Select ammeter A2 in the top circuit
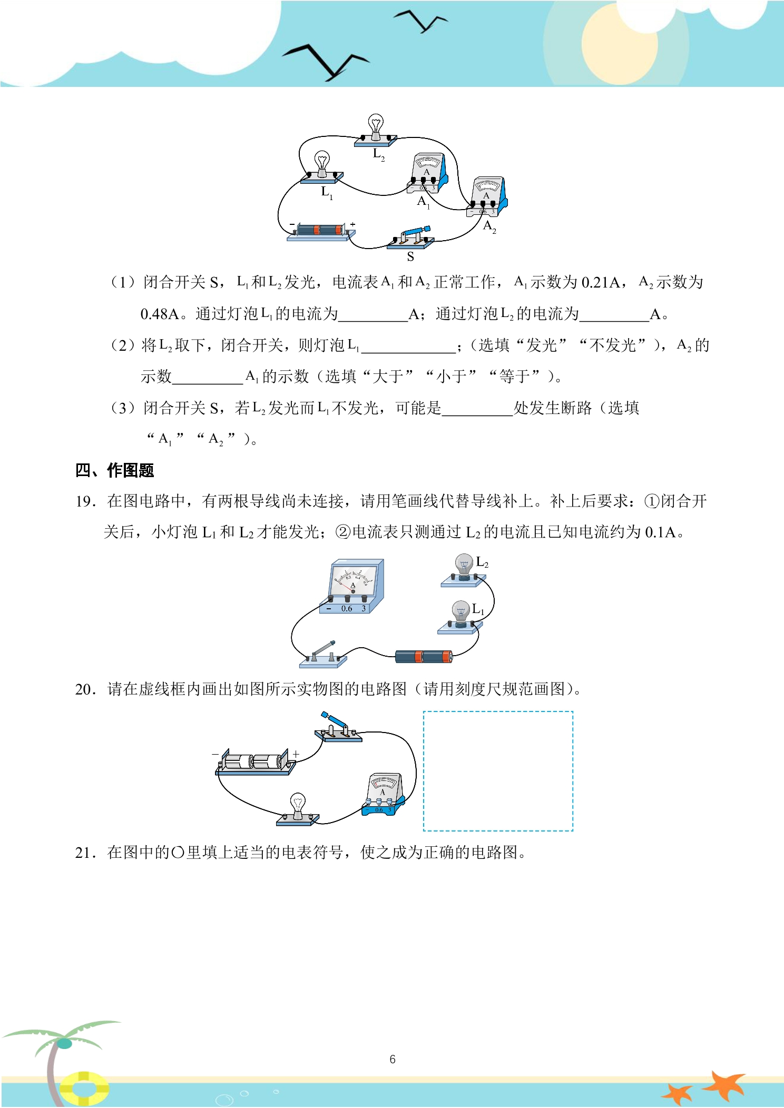pyautogui.click(x=487, y=197)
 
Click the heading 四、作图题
pyautogui.click(x=114, y=470)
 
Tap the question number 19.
pyautogui.click(x=85, y=501)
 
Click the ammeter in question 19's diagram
pyautogui.click(x=352, y=586)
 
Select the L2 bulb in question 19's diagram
pyautogui.click(x=464, y=570)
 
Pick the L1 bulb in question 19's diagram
pyautogui.click(x=460, y=617)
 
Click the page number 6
pyautogui.click(x=393, y=1059)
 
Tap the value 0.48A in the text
pyautogui.click(x=160, y=314)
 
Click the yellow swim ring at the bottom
pyautogui.click(x=84, y=1088)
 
